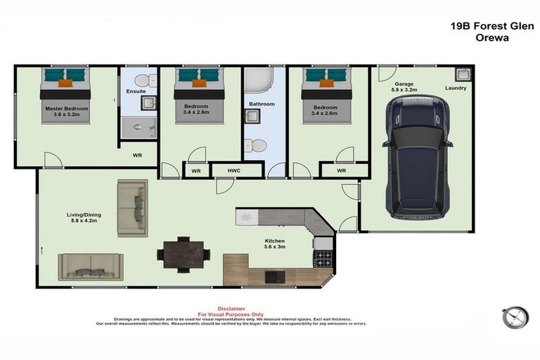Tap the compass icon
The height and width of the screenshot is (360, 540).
pos(515,318)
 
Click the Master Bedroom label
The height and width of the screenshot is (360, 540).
pos(67,112)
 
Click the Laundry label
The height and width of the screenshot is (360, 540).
pos(455,89)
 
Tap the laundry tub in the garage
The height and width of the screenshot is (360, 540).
pos(463,74)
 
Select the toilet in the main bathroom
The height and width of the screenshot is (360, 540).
pos(257,146)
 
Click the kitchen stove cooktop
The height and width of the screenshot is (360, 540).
pos(323,258)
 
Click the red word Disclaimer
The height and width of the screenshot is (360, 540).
pos(231,308)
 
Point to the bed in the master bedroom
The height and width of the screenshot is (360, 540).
pos(65,94)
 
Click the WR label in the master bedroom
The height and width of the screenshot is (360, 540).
pos(138,155)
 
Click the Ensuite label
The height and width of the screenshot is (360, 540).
pos(136,92)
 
